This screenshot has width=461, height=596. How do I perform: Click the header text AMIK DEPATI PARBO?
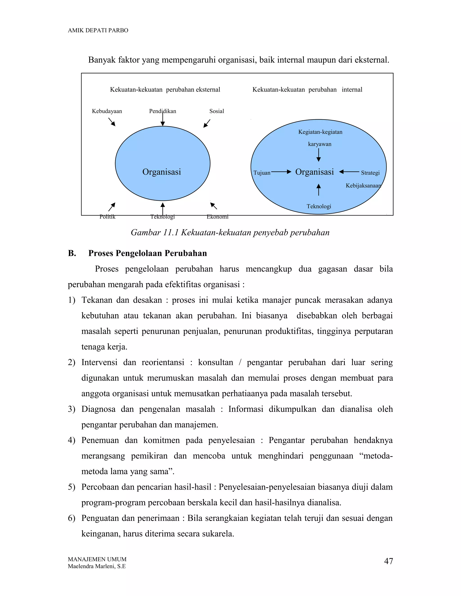(x=98, y=30)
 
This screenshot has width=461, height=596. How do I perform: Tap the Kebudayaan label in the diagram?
(x=107, y=111)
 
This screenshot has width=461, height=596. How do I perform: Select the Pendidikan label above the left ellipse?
(x=163, y=111)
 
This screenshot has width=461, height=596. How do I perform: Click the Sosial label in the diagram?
(x=217, y=111)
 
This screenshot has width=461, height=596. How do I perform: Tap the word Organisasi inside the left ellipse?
(x=162, y=172)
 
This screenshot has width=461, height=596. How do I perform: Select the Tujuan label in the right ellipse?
(x=262, y=173)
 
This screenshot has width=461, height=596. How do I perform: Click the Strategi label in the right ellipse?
(x=370, y=173)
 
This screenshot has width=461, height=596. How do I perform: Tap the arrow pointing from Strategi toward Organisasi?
(x=349, y=172)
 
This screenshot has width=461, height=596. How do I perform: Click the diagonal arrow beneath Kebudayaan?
(x=112, y=122)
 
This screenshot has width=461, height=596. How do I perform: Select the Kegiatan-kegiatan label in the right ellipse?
(x=320, y=132)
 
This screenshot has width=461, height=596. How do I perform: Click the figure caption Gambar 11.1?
(x=230, y=233)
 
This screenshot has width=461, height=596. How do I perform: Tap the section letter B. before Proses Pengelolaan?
(x=72, y=253)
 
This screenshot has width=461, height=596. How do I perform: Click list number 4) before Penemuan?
(x=71, y=440)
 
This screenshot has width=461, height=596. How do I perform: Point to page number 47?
(x=388, y=561)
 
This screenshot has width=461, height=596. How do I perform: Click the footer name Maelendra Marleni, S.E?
(x=97, y=566)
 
